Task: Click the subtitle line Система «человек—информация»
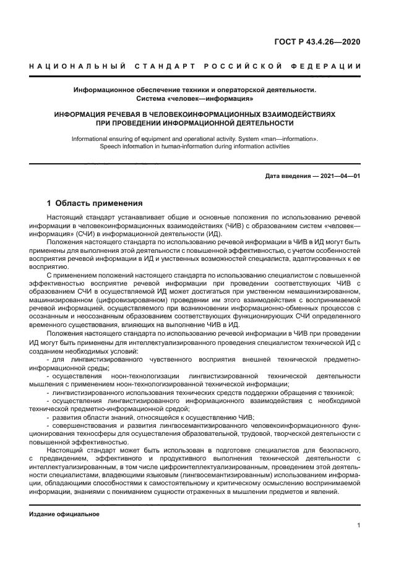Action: [x=194, y=98]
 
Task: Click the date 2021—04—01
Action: [x=338, y=176]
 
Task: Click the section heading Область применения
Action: [x=99, y=203]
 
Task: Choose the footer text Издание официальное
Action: [x=64, y=514]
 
